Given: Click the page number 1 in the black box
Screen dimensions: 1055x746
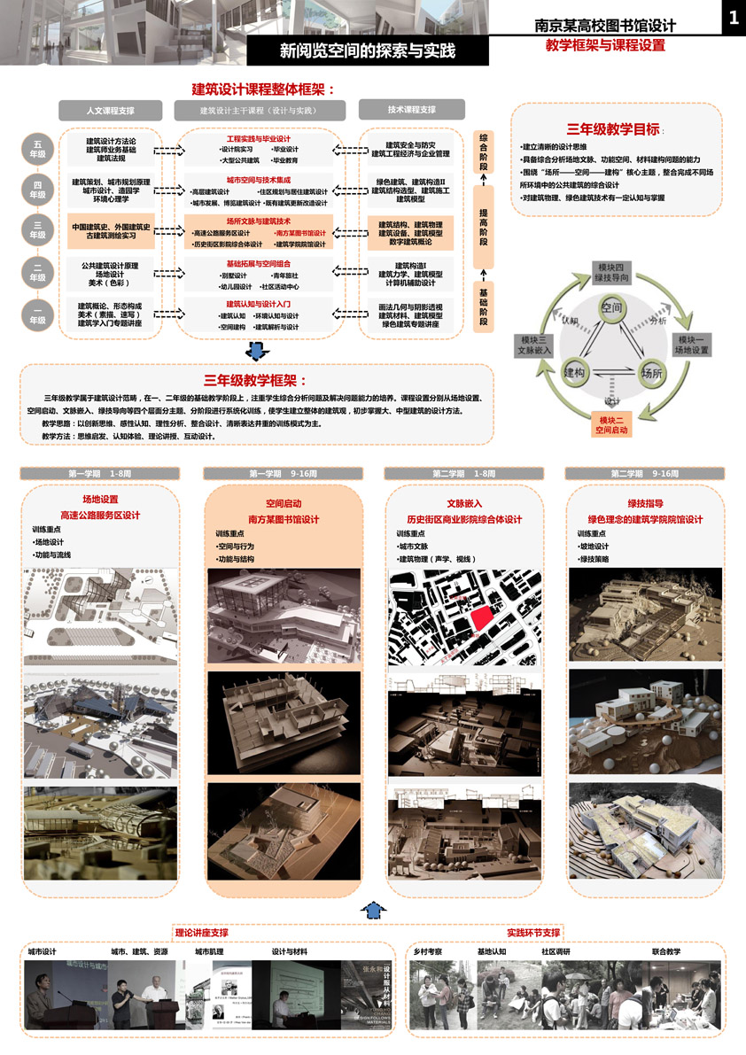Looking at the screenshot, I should coord(733,19).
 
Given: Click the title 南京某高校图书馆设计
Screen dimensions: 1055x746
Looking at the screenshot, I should coord(605,26).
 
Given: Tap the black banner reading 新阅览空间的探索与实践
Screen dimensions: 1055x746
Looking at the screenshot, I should coord(367,51).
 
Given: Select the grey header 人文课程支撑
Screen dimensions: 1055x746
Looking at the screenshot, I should coord(111,110).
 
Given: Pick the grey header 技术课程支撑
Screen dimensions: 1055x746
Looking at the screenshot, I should coord(412,110).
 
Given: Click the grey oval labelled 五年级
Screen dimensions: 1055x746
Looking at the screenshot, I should coord(38,149).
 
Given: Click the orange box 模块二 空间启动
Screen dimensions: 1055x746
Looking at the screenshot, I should coord(611,425).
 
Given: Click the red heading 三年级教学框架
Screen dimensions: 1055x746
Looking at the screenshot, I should coord(250,380).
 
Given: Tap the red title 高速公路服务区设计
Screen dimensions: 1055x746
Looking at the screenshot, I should coord(100,515).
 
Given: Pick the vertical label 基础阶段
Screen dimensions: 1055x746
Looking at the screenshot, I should coord(484,306).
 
